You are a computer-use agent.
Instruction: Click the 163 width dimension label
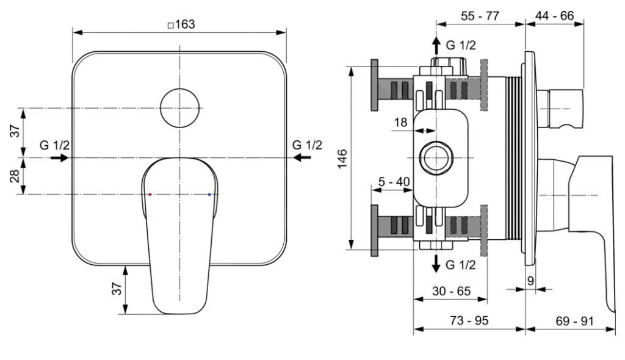pos(182,24)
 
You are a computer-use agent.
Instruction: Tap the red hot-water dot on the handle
pos(150,195)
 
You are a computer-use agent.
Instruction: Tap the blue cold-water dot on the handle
pos(209,195)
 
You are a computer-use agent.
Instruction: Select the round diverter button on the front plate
pos(179,108)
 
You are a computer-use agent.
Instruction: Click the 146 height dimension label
pos(342,159)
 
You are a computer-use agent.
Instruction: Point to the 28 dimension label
pos(15,176)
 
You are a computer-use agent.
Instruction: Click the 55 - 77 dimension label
pos(480,16)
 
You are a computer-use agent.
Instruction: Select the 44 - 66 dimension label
pos(554,16)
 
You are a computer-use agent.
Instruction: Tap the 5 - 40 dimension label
pos(394,182)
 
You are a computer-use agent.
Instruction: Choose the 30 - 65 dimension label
pos(451,291)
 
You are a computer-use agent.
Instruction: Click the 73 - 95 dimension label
pos(469,320)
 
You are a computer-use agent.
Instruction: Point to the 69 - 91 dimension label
pos(574,321)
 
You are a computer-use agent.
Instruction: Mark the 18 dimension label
pos(400,122)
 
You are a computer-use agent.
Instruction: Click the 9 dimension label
pos(530,281)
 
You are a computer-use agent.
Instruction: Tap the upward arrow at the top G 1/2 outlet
pos(436,46)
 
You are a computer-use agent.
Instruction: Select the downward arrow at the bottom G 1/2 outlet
pos(436,264)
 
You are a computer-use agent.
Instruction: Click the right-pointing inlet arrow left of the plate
pos(60,158)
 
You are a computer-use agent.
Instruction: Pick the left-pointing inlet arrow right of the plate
pos(302,158)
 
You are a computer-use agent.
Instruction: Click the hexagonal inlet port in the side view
pos(436,158)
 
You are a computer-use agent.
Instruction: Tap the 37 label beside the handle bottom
pos(117,289)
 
